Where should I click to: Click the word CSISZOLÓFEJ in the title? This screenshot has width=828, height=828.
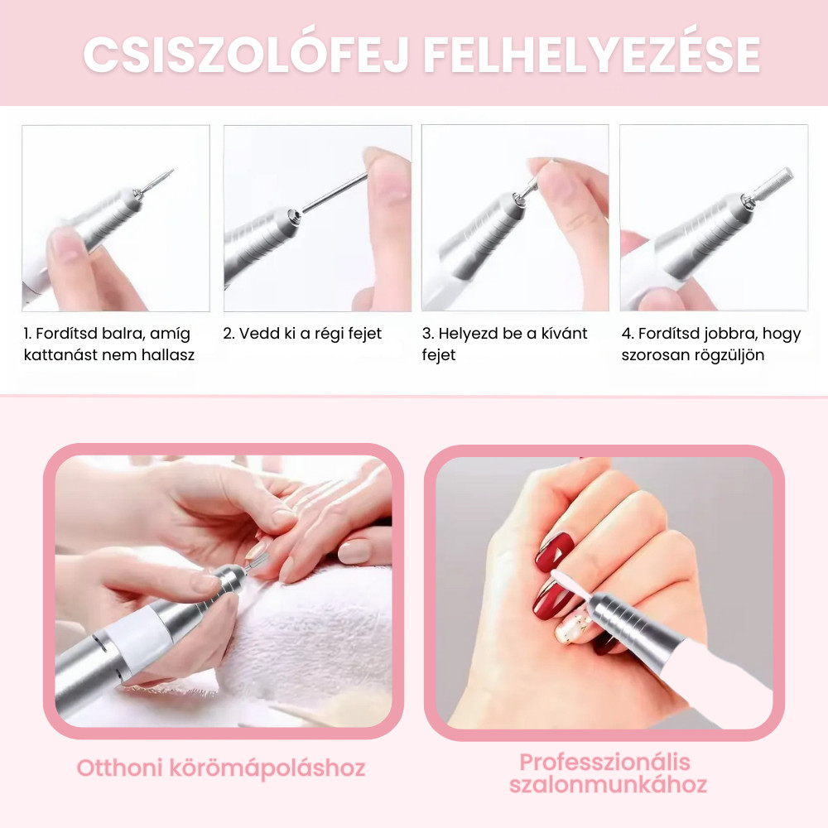[x=246, y=55]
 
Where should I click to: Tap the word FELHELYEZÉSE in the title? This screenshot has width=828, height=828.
[x=592, y=55]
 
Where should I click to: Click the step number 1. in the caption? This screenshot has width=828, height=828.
[x=27, y=334]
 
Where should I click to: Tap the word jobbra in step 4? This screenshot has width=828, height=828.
[x=731, y=335]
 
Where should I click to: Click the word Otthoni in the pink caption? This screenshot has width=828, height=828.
[x=119, y=768]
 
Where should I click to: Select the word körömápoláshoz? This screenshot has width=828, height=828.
[x=267, y=769]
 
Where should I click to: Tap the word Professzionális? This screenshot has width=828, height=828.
[x=604, y=763]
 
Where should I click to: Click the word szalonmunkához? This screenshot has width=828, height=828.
[x=608, y=785]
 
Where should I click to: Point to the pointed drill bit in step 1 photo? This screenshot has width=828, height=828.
[x=157, y=179]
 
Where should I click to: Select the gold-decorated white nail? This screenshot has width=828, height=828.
[x=574, y=623]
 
